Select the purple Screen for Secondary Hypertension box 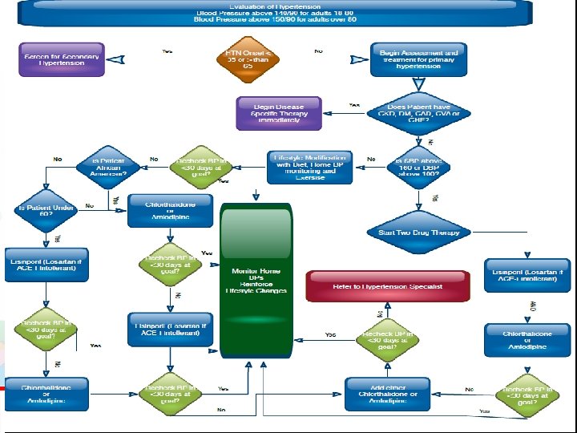(63, 59)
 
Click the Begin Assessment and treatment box (418, 59)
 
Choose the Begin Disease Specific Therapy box (279, 113)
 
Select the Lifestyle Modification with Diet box (310, 167)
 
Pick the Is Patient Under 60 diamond (36, 210)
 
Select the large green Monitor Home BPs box (256, 280)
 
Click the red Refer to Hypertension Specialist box (387, 286)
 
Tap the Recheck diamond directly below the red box (387, 339)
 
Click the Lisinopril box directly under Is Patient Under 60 (46, 265)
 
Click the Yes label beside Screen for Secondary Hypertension (167, 51)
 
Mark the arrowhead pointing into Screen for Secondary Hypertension (116, 59)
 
